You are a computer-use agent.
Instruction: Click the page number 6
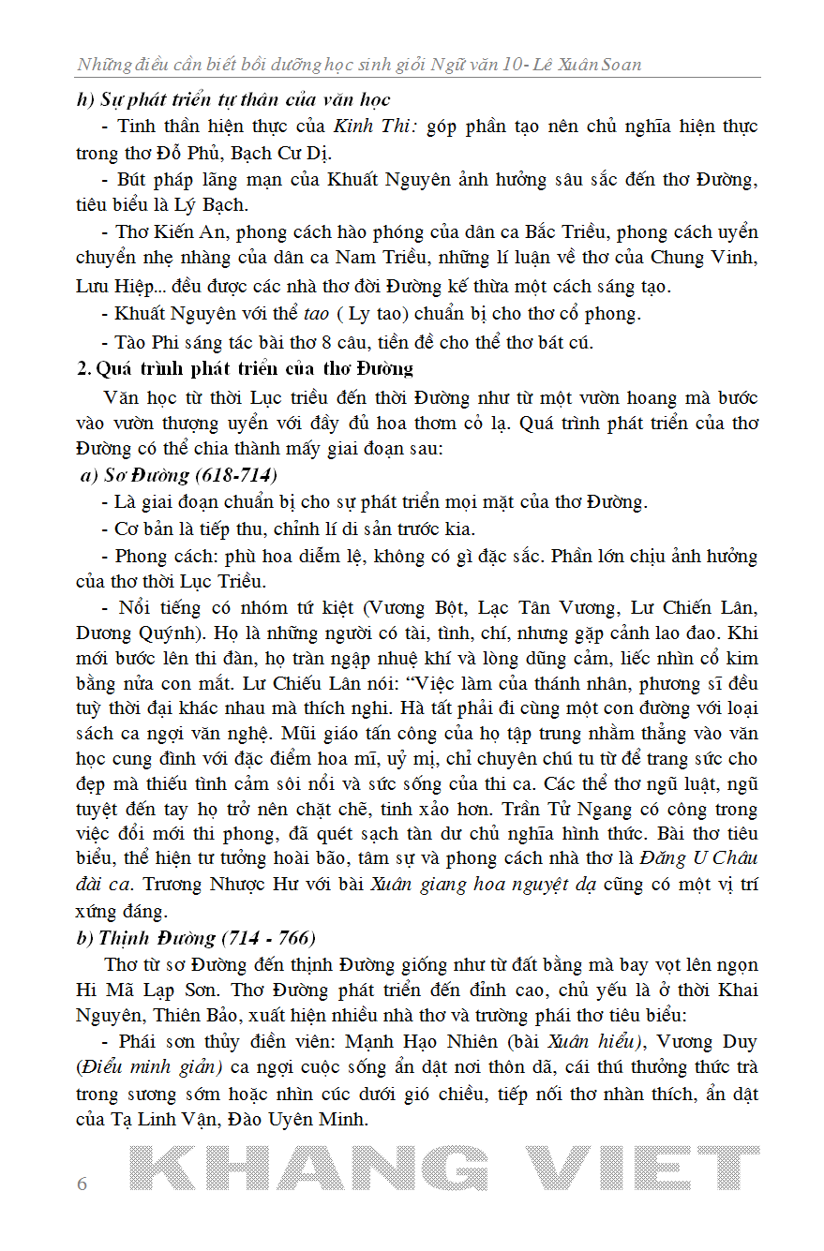(82, 1184)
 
